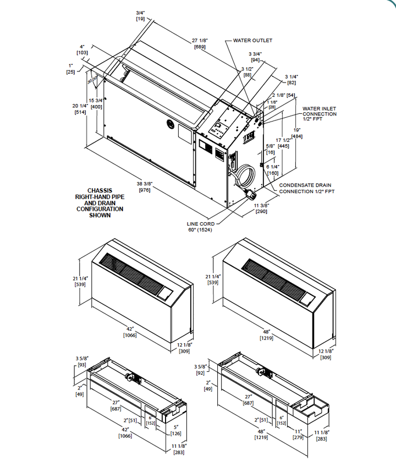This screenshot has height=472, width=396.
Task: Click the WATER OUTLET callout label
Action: pos(252,40)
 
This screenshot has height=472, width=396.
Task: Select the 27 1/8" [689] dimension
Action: pos(200,44)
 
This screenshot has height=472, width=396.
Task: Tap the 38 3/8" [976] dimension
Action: pos(136,187)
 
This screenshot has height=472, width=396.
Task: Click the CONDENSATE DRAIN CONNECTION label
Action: pos(306,188)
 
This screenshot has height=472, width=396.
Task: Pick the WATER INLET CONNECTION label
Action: pos(320,114)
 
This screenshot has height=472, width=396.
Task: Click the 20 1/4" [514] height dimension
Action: pos(80,109)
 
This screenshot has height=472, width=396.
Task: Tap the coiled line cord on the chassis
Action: pos(245,177)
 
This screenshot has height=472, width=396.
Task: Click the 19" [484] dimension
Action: pos(296,133)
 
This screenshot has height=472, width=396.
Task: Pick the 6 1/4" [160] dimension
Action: pos(273,169)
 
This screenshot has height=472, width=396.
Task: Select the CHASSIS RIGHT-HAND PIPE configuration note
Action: pos(100,203)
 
